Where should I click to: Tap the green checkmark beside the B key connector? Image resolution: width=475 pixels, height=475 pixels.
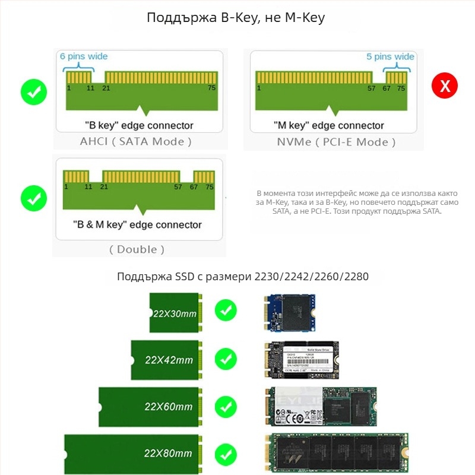click(x=34, y=92)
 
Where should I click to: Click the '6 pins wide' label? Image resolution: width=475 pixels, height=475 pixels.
click(x=84, y=56)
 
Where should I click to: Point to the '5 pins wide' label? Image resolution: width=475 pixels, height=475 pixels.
click(x=390, y=56)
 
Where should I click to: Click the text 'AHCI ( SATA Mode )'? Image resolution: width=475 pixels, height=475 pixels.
click(x=136, y=141)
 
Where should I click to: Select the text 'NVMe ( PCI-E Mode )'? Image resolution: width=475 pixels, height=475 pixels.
click(x=336, y=142)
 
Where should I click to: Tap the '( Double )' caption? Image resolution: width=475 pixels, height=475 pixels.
click(x=137, y=249)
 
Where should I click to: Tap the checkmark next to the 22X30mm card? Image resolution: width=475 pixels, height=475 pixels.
click(x=226, y=310)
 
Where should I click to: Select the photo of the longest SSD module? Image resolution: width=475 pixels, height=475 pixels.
click(x=336, y=452)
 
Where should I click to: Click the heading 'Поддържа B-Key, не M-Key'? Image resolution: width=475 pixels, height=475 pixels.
click(x=236, y=18)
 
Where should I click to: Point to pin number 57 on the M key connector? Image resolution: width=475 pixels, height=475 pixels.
click(x=371, y=88)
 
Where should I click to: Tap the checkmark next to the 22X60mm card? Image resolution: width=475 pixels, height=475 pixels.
click(x=226, y=407)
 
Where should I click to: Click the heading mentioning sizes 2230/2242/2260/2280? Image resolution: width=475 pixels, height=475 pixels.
click(x=243, y=276)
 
